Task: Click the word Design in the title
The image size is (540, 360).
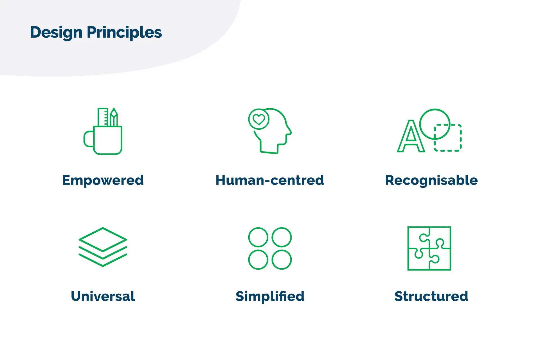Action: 56,32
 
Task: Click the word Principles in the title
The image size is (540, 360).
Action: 124,32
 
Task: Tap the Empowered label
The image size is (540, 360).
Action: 103,180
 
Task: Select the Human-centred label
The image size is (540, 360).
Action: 270,180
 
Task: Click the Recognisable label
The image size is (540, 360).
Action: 431,180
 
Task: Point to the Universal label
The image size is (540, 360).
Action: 103,296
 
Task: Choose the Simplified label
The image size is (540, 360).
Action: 270,296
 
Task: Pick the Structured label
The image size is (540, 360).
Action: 431,296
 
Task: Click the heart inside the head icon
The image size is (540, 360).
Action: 259,119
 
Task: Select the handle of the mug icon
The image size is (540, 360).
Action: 88,139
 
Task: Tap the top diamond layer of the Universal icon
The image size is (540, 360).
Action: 103,239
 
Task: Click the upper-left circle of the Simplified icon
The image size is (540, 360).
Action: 258,237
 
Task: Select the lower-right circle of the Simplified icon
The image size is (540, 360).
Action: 282,260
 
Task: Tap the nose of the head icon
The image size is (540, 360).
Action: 290,131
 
